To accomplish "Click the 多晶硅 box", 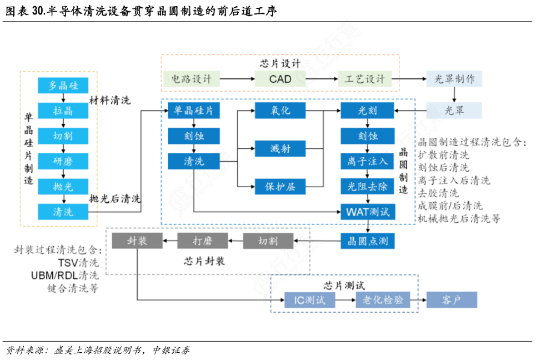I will pyautogui.click(x=63, y=86).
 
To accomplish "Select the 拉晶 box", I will pyautogui.click(x=63, y=111).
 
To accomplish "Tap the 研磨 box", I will pyautogui.click(x=63, y=161).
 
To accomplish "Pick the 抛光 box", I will pyautogui.click(x=63, y=186).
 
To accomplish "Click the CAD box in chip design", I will pyautogui.click(x=280, y=79).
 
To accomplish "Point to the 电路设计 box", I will pyautogui.click(x=191, y=79).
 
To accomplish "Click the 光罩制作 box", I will pyautogui.click(x=454, y=79).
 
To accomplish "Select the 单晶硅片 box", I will pyautogui.click(x=194, y=111).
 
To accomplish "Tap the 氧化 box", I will pyautogui.click(x=280, y=111).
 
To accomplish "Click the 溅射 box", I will pyautogui.click(x=280, y=148).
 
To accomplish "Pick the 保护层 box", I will pyautogui.click(x=280, y=186).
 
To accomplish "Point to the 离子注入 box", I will pyautogui.click(x=367, y=161).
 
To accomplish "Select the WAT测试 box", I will pyautogui.click(x=367, y=211).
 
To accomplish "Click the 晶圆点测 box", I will pyautogui.click(x=367, y=241).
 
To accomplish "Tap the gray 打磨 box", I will pyautogui.click(x=202, y=241).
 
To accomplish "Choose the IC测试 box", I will pyautogui.click(x=309, y=301).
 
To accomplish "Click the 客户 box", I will pyautogui.click(x=451, y=301).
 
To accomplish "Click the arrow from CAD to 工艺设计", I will pyautogui.click(x=321, y=79).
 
